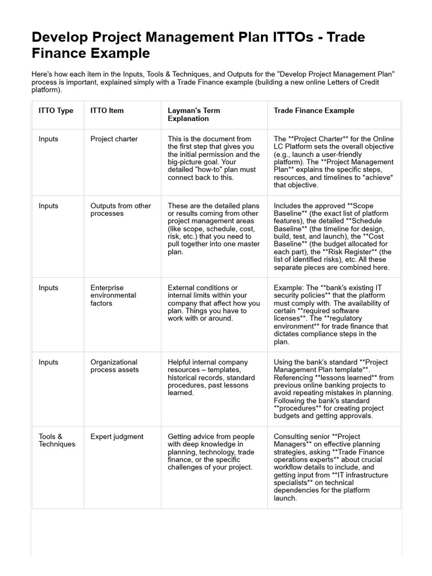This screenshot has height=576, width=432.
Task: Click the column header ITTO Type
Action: click(x=56, y=111)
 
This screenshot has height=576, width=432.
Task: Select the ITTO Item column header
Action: click(x=107, y=111)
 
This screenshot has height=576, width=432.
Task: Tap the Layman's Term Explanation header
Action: click(x=193, y=115)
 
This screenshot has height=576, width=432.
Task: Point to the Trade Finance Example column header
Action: click(x=314, y=111)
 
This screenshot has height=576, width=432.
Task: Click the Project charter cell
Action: click(x=114, y=139)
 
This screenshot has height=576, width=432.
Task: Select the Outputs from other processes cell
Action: click(x=120, y=210)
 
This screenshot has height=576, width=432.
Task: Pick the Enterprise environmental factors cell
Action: click(x=113, y=295)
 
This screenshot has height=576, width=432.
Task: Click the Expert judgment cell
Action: click(x=116, y=436)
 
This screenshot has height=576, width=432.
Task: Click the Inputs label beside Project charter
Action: click(x=48, y=139)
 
